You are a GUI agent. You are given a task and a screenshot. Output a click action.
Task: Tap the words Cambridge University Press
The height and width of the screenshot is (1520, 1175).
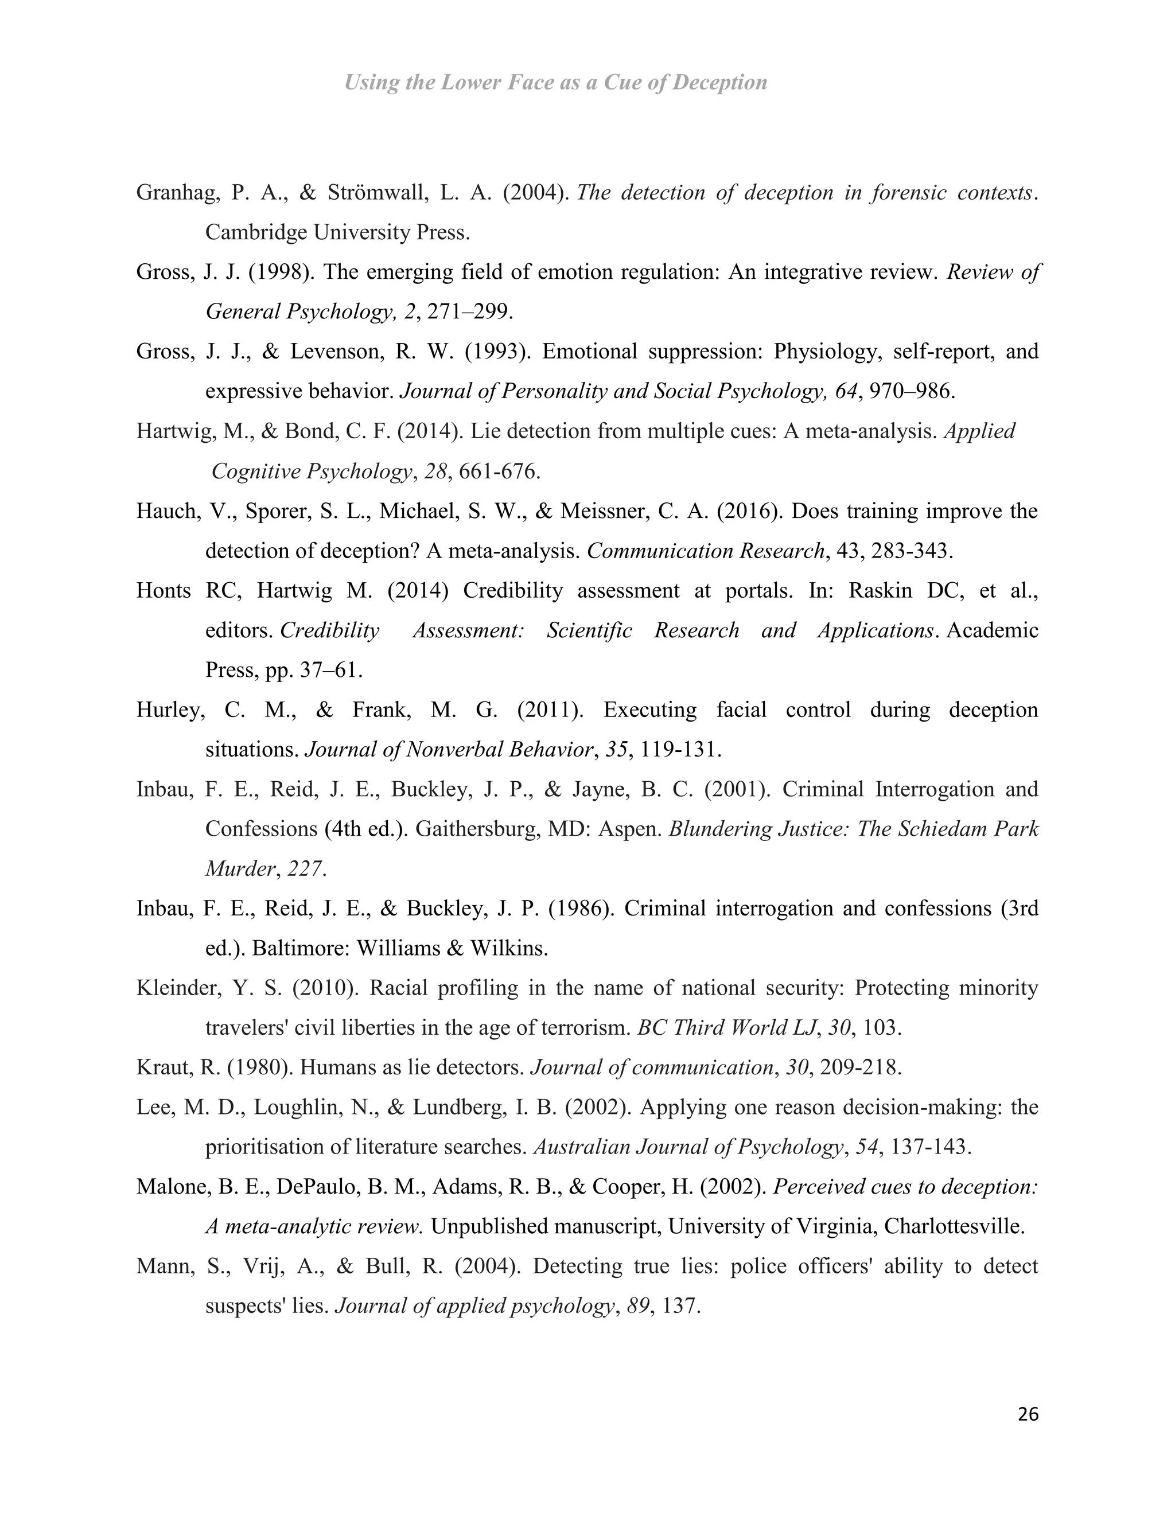pyautogui.click(x=337, y=232)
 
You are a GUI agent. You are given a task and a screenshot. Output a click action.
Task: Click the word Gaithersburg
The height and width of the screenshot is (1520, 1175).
pyautogui.click(x=480, y=829)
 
